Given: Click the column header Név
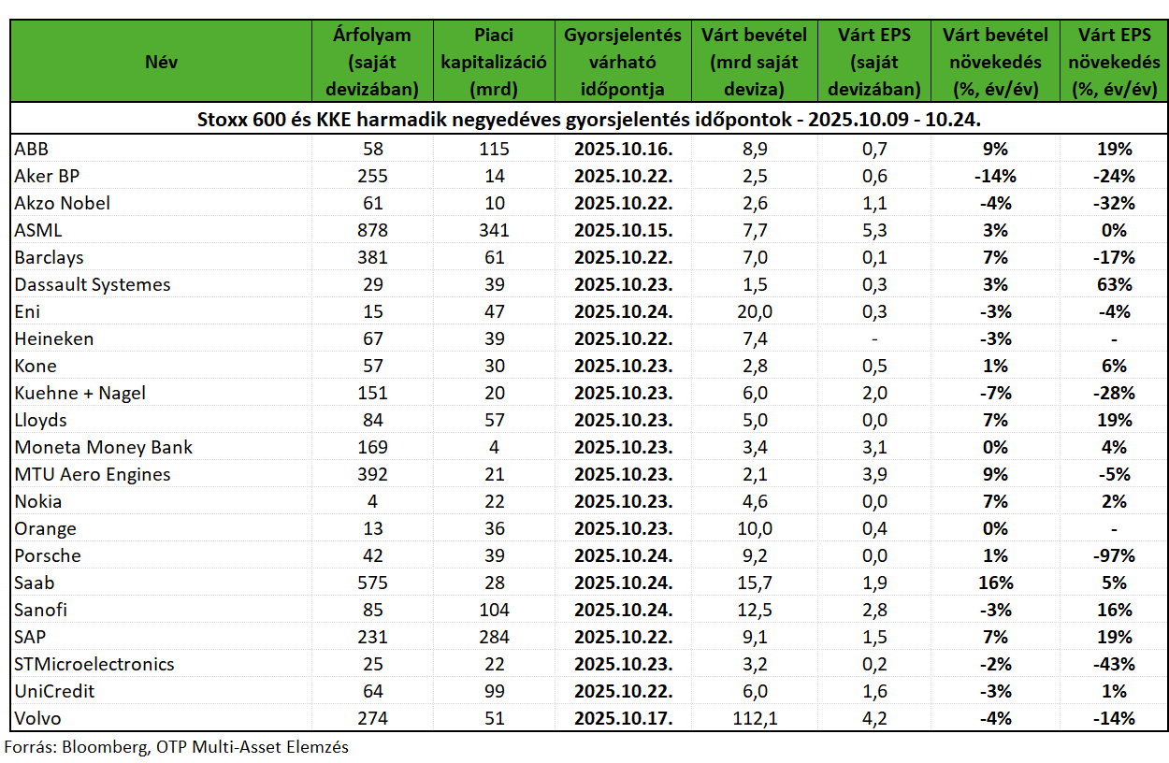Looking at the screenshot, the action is coord(161,62).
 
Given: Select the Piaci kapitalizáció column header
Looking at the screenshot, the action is coord(494,62).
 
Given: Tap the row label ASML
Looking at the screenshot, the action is coord(38,230).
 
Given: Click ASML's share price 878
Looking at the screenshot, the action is coord(372,230).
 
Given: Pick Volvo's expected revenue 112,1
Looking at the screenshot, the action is coord(755,719).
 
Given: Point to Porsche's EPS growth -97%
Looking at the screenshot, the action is coord(1114,555).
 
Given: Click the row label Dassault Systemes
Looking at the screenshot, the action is coord(93,284).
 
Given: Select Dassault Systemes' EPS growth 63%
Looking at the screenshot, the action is coord(1114,284).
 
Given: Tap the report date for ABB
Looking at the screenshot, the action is coord(624,149).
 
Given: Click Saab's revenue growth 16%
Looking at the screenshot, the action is coord(995,583).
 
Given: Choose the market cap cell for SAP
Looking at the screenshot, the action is coord(494,637).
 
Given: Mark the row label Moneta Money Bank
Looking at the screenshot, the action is coord(103,447).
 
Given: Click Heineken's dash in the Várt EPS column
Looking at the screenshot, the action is coord(874,339).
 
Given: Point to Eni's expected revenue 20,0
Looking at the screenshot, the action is coord(755,311).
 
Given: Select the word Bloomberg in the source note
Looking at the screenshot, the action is coord(105,747).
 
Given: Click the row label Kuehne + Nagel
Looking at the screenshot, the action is coord(79,393).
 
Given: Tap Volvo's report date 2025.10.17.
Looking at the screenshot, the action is coord(624,719).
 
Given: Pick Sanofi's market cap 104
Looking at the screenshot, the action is coord(494,610).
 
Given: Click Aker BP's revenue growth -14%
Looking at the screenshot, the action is coord(995,176).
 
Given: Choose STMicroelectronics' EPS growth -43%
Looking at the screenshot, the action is coord(1114,665).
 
